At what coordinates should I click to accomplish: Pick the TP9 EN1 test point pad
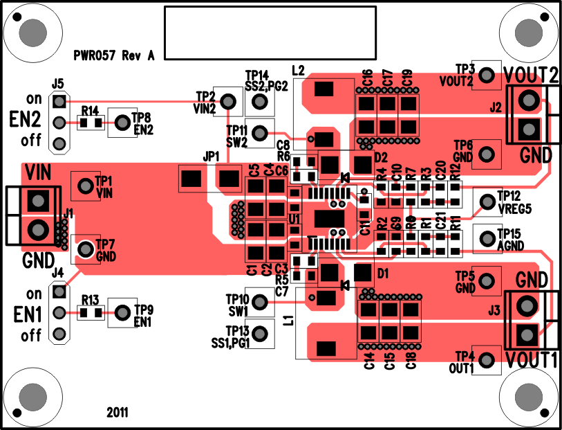tap(122, 312)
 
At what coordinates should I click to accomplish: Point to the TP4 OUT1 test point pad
tap(487, 359)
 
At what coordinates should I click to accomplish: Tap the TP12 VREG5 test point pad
tap(487, 201)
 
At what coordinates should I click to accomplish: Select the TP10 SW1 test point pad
tap(260, 301)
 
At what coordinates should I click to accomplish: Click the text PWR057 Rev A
tap(114, 56)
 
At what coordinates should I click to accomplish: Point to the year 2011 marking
tap(117, 412)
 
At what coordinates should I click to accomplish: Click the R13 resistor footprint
tap(91, 312)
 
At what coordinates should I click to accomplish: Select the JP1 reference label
tap(211, 156)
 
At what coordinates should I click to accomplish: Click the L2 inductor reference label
tap(299, 70)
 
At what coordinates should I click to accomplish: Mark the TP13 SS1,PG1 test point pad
tap(260, 333)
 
